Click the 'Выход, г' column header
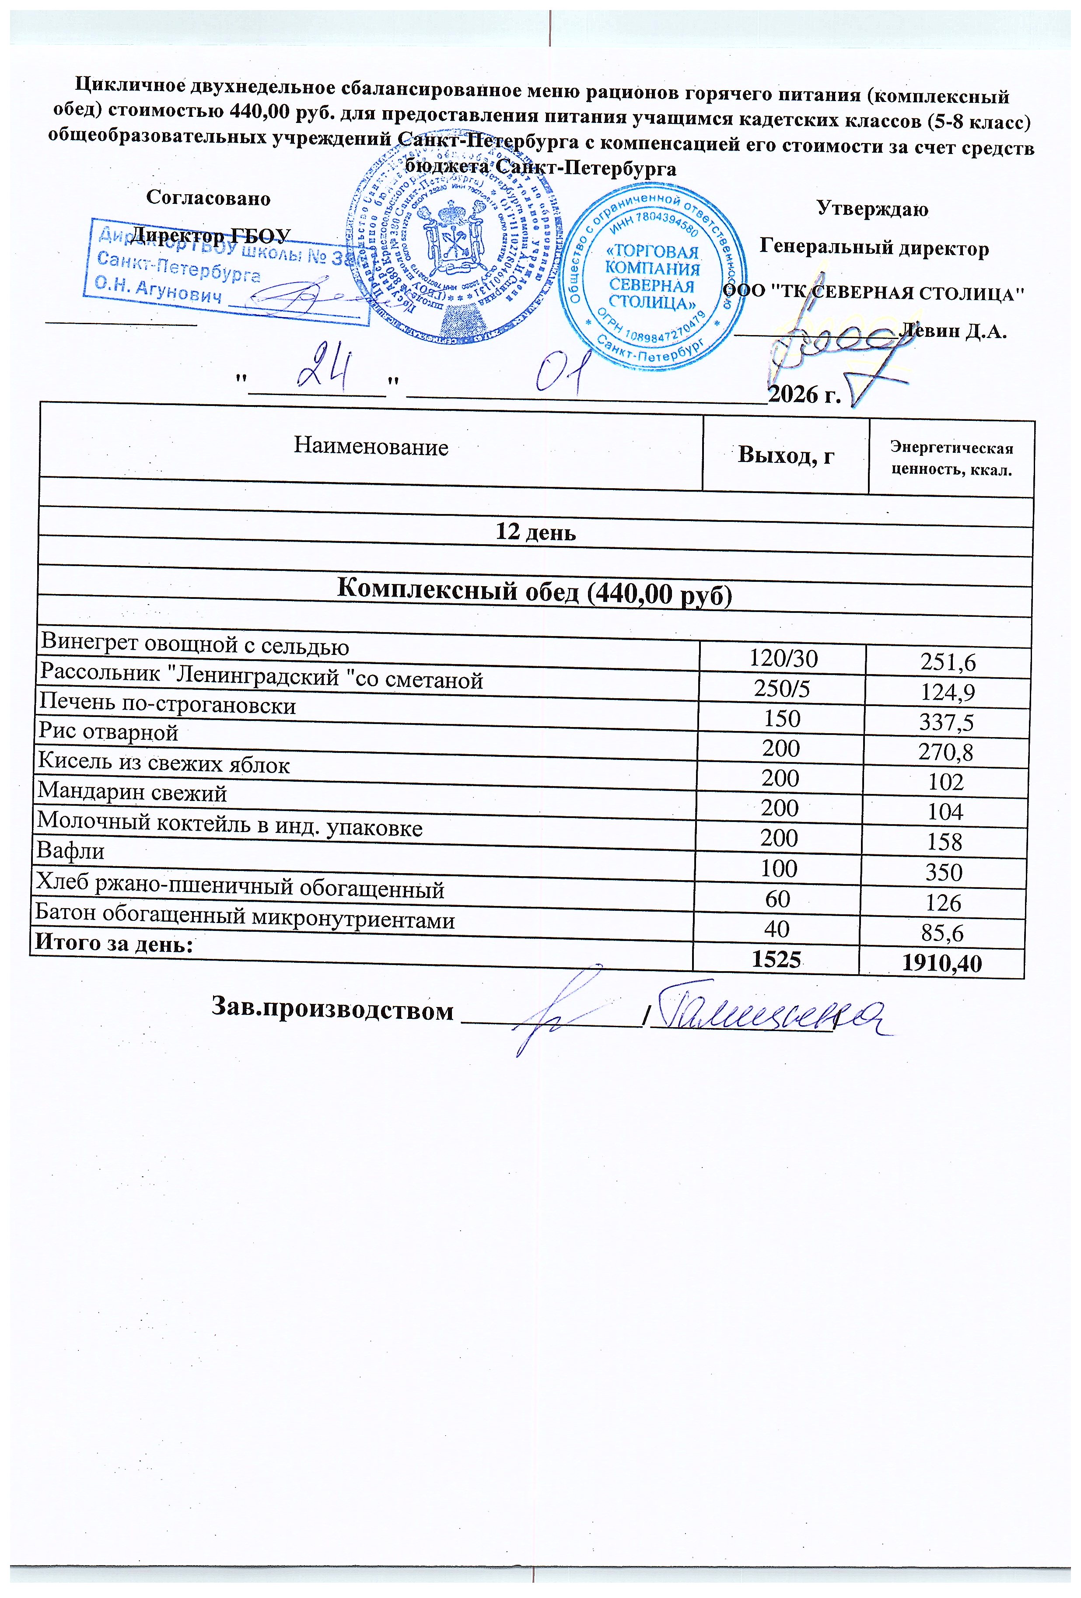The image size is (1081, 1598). click(x=785, y=455)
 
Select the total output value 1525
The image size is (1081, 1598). click(x=776, y=960)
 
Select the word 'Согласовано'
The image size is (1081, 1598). click(x=208, y=198)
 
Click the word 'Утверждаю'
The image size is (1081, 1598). click(x=872, y=208)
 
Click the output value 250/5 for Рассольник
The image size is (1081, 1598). click(x=782, y=689)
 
